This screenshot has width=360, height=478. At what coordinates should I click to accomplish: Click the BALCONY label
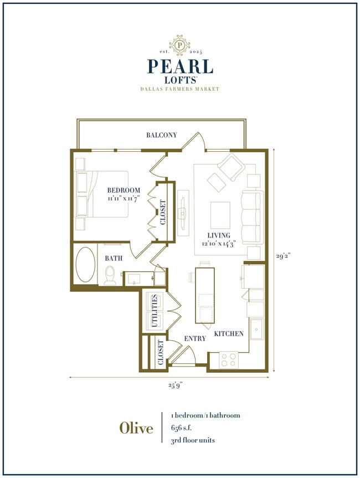coord(162,135)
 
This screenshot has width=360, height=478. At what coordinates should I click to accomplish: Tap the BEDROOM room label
coord(124,191)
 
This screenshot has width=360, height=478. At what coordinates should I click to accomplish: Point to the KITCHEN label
coord(229,334)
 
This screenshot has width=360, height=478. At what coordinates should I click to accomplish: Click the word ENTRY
coord(194,338)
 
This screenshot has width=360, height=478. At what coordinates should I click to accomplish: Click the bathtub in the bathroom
coord(85,265)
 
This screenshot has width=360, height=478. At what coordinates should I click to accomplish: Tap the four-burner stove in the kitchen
coord(229,359)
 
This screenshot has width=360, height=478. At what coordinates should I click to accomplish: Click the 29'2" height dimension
coord(283,256)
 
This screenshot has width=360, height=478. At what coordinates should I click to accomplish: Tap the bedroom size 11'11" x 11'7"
coord(124,198)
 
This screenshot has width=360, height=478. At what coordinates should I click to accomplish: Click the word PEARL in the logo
coord(179,66)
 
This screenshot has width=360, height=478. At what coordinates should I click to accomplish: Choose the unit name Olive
coord(136,428)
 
